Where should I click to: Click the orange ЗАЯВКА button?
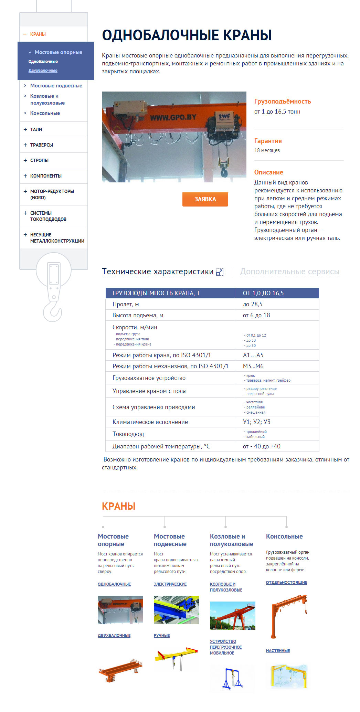tap(205, 199)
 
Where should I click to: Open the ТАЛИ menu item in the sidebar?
tap(36, 129)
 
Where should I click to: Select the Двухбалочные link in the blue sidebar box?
tap(43, 71)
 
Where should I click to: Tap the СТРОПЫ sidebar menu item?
tap(39, 160)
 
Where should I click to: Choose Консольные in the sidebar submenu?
tap(45, 113)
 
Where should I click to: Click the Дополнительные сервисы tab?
tap(290, 272)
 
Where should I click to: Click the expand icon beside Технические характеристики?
tap(219, 272)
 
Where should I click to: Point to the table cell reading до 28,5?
tap(253, 304)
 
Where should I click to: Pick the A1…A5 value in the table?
tap(253, 355)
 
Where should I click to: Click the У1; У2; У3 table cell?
tap(256, 422)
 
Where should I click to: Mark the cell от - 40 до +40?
tap(262, 446)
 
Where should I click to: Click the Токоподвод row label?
tap(128, 434)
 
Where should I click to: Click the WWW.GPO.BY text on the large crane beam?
tap(173, 117)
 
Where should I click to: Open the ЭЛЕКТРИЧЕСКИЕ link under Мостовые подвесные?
tap(170, 584)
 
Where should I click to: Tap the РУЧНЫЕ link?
tap(162, 635)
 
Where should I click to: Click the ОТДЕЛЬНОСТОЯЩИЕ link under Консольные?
tap(286, 582)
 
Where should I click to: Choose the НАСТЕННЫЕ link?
tap(278, 650)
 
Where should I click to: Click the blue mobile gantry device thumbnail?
tap(233, 678)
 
